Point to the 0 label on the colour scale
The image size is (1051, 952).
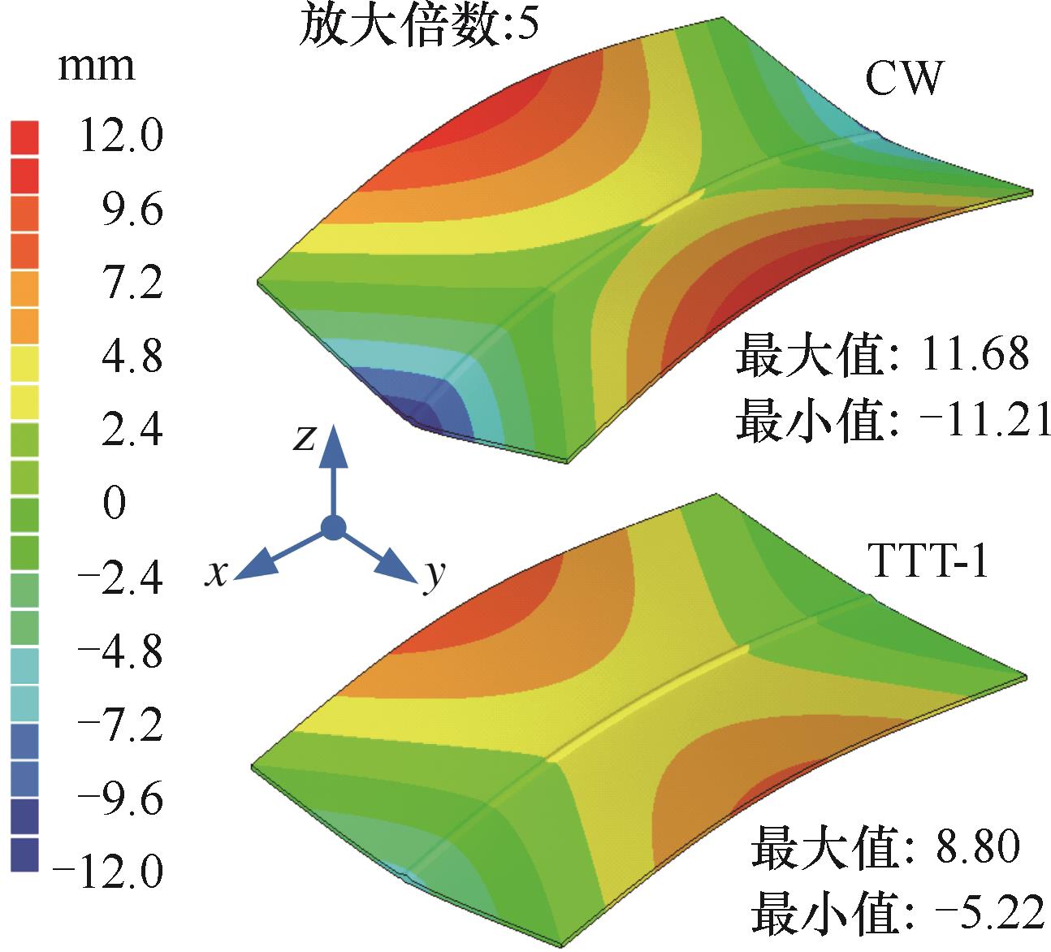point(115,504)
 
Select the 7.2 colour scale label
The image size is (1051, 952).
point(125,283)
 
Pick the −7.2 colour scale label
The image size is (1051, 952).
point(119,725)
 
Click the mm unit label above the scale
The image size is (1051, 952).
point(97,66)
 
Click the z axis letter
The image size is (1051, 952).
point(305,438)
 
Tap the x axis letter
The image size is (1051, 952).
point(214,573)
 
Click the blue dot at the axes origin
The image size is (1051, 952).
point(333,528)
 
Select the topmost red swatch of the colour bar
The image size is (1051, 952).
point(24,136)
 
